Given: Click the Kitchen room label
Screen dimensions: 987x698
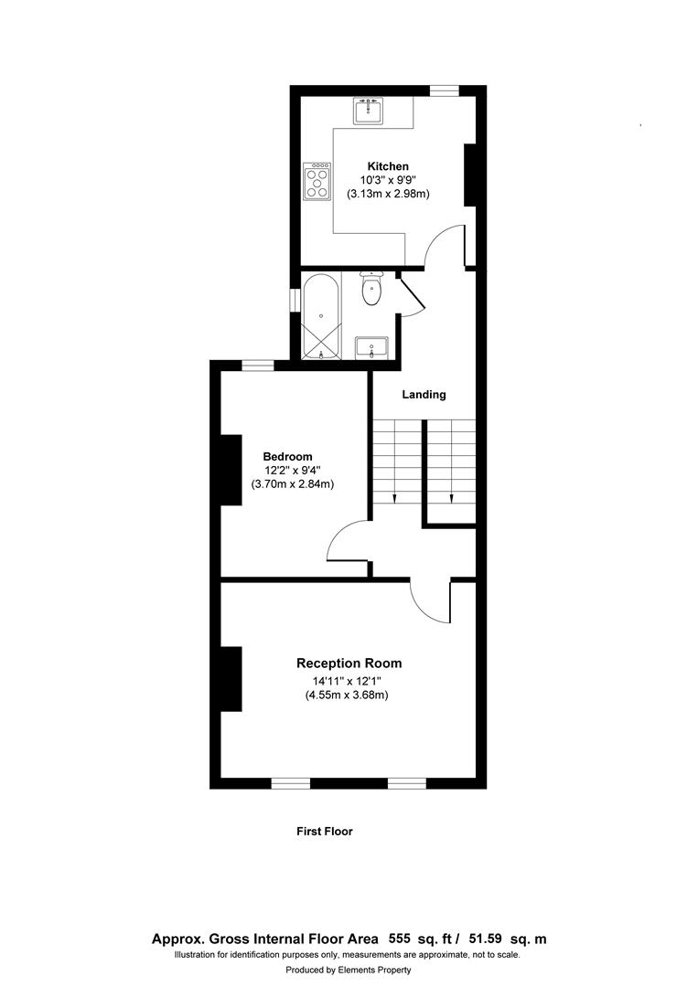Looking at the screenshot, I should pyautogui.click(x=388, y=166).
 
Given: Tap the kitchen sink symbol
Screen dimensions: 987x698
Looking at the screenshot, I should pyautogui.click(x=370, y=111).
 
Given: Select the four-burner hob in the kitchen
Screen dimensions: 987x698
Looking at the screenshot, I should pyautogui.click(x=317, y=181).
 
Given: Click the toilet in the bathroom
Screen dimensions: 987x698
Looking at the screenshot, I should pyautogui.click(x=371, y=290).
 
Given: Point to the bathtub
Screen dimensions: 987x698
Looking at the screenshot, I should pyautogui.click(x=321, y=315).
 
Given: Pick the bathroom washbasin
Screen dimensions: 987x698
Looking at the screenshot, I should pyautogui.click(x=371, y=347).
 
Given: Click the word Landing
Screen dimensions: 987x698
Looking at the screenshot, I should pyautogui.click(x=424, y=395).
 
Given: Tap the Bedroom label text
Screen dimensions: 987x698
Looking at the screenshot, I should pyautogui.click(x=287, y=457).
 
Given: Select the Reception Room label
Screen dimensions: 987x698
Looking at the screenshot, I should pyautogui.click(x=349, y=663).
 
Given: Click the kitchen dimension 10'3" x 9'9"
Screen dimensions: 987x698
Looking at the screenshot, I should pyautogui.click(x=388, y=180).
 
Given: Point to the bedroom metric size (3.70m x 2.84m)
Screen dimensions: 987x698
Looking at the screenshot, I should pyautogui.click(x=292, y=484).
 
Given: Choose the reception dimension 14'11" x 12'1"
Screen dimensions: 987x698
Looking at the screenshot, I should pyautogui.click(x=349, y=681).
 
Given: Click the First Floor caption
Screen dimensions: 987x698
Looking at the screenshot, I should pyautogui.click(x=324, y=832).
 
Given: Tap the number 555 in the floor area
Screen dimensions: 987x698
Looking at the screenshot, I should pyautogui.click(x=400, y=939).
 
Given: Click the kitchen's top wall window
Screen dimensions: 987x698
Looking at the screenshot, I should pyautogui.click(x=445, y=90).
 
